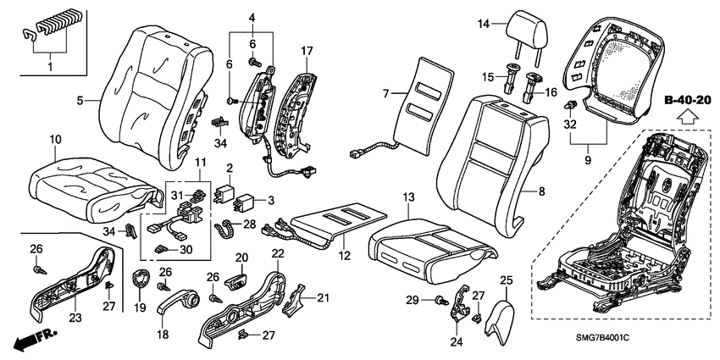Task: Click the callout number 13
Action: (x=408, y=197)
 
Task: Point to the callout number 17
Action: (x=307, y=50)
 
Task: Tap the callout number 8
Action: (x=543, y=192)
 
